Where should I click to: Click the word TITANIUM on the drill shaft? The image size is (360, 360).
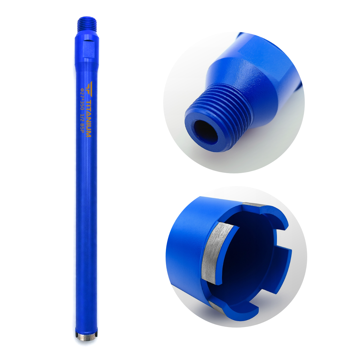pyautogui.click(x=89, y=118)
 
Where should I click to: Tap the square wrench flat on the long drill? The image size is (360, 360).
pyautogui.click(x=89, y=49)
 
